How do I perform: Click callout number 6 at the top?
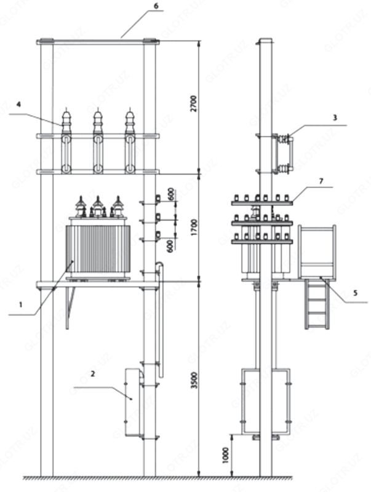156,6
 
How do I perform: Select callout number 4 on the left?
19,105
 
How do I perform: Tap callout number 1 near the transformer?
21,304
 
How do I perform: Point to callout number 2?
92,374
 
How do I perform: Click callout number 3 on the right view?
335,117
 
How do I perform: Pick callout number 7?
321,181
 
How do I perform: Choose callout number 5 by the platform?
355,293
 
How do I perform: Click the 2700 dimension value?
194,104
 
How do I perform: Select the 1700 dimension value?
194,228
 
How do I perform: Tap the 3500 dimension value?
194,380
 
